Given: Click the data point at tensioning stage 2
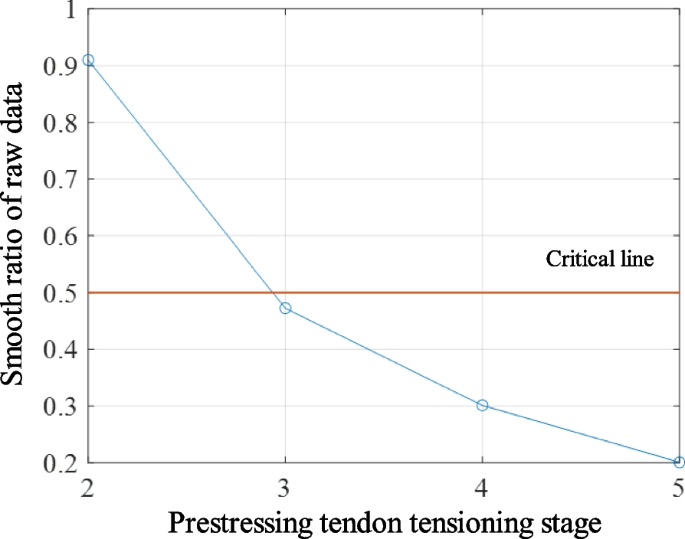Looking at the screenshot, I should coord(89,60).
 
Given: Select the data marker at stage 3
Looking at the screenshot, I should coord(286,308).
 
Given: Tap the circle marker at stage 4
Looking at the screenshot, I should coord(483,405).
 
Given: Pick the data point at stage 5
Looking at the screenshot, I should coord(679,462).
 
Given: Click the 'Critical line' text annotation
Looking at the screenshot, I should coord(599,260).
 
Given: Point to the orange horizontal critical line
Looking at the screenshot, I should coord(400,292).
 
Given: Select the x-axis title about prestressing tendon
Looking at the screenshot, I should coord(384,522).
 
